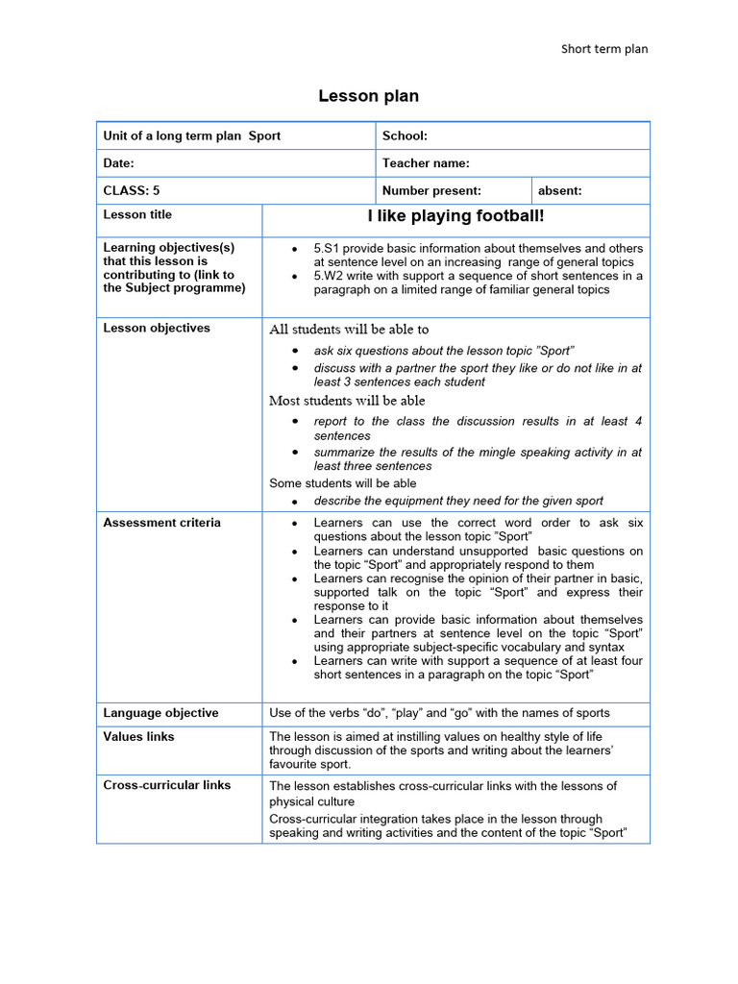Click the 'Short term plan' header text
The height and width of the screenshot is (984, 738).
(604, 49)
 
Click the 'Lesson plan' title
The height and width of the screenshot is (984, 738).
(369, 96)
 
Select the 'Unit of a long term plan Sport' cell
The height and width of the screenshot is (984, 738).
(192, 135)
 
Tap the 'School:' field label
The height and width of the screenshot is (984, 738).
(405, 135)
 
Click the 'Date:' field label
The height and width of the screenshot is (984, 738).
(118, 163)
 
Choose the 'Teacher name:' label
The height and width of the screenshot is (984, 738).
(426, 163)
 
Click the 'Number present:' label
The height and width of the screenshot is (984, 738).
(431, 190)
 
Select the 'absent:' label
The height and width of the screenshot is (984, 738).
(559, 190)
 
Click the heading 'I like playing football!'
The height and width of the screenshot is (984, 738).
(455, 216)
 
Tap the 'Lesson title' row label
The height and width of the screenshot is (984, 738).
(137, 214)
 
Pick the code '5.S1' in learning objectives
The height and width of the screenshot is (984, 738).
(327, 248)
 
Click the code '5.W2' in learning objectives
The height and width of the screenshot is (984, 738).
(328, 276)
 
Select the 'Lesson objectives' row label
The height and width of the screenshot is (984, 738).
(156, 328)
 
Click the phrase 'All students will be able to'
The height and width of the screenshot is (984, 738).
(349, 329)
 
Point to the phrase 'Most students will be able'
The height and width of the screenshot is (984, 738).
(347, 400)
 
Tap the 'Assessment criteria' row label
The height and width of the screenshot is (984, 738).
(161, 523)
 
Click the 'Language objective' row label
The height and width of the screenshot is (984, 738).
(160, 713)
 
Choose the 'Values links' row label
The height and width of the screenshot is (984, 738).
(139, 736)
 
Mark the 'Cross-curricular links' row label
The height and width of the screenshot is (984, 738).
(166, 785)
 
